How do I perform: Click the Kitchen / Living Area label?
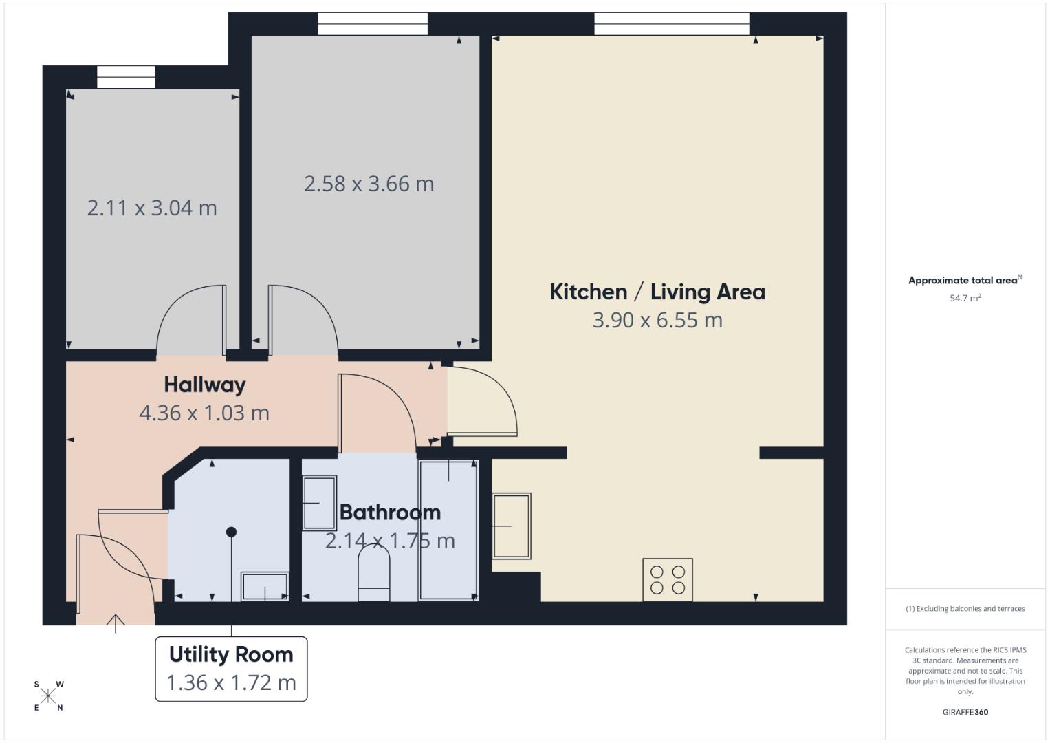coord(657,292)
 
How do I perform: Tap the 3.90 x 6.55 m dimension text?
coord(657,321)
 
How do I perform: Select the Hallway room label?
coord(204,385)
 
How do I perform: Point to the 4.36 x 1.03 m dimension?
coord(204,413)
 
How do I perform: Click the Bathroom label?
coord(390,513)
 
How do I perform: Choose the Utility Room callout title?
coord(231,654)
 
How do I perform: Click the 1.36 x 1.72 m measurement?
coord(231,682)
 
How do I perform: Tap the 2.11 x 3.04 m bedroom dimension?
coord(152,208)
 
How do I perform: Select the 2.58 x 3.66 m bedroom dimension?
coord(369,184)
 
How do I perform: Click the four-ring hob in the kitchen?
coord(668,579)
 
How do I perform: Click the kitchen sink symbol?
coord(512,526)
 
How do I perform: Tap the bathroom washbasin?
coord(319,503)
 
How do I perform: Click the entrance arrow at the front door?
coord(116,623)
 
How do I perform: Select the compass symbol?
coord(48,696)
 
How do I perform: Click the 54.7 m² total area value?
coord(965,298)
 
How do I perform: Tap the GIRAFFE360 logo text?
coord(965,712)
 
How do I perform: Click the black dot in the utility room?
coord(231,532)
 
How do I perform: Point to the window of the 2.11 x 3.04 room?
coord(126,77)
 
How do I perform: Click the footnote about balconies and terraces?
coord(965,609)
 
